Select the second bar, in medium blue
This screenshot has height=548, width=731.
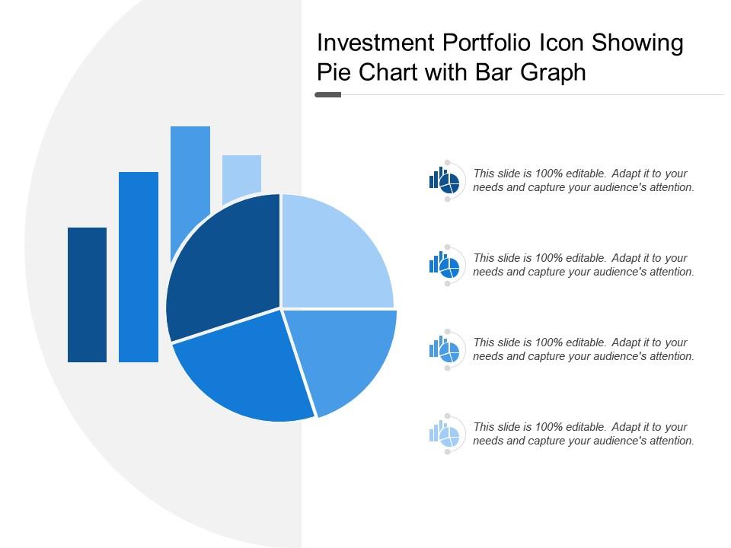(x=139, y=266)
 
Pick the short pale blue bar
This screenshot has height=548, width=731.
(x=241, y=177)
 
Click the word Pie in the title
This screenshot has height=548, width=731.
(x=333, y=73)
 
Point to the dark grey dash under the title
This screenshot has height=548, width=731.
(x=328, y=95)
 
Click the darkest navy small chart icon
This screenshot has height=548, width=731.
(x=444, y=180)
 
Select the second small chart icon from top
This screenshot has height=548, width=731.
(x=444, y=265)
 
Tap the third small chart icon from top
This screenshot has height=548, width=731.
(x=444, y=349)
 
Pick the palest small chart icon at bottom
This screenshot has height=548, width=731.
(x=444, y=434)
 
